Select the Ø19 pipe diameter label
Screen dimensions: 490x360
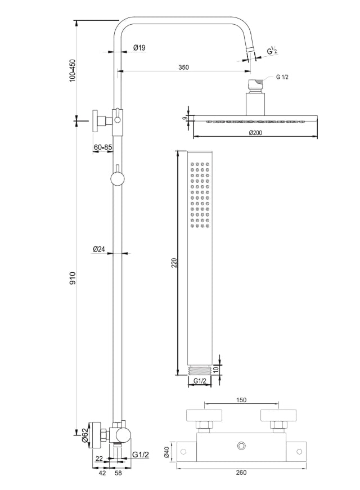[139, 48]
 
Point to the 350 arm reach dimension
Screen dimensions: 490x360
[183, 67]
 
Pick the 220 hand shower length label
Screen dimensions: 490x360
[174, 263]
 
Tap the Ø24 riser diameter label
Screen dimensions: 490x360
[99, 249]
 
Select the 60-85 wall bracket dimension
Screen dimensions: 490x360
[102, 147]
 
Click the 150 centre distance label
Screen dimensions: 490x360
[240, 401]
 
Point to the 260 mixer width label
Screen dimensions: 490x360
[241, 473]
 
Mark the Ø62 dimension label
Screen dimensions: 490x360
[85, 435]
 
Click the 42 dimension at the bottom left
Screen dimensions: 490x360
[102, 474]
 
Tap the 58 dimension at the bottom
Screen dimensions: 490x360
[118, 474]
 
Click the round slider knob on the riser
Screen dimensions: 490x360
[117, 179]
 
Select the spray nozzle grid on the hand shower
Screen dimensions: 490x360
[200, 196]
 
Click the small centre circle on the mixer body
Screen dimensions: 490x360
[242, 447]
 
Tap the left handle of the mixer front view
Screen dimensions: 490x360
[204, 416]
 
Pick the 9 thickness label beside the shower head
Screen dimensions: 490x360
[185, 118]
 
